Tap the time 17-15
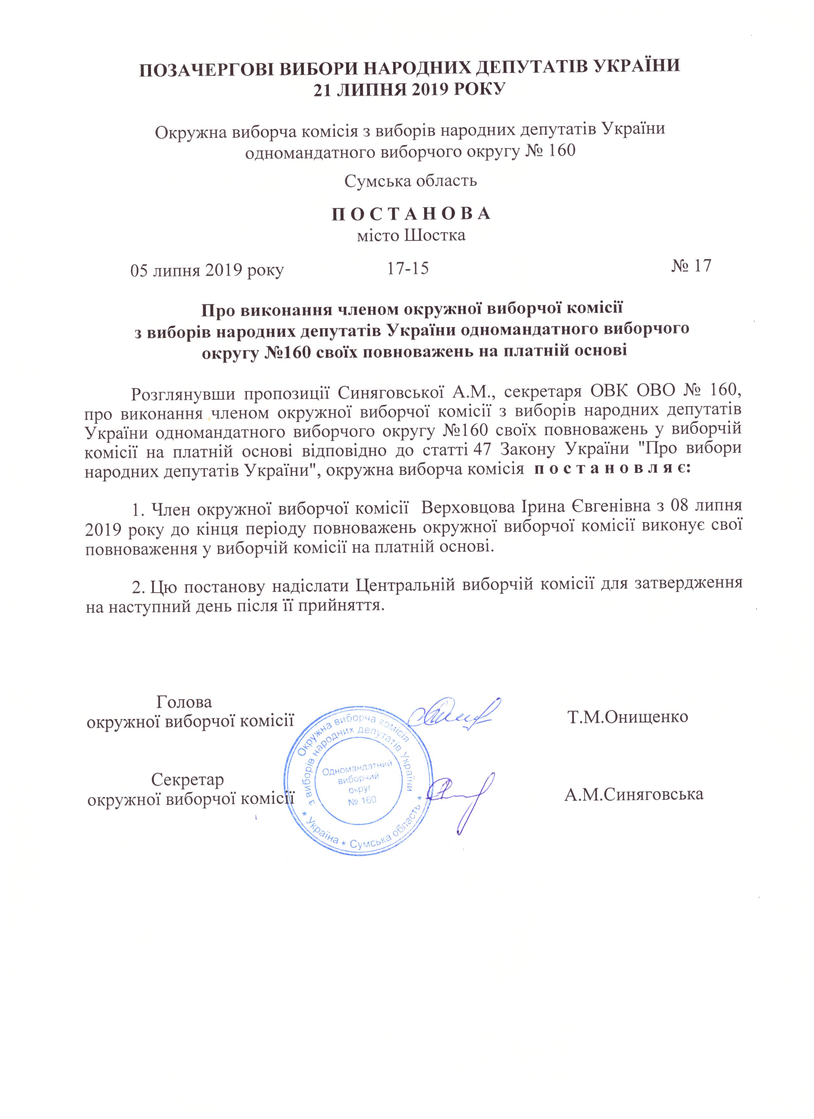(x=408, y=268)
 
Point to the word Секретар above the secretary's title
(x=188, y=779)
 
